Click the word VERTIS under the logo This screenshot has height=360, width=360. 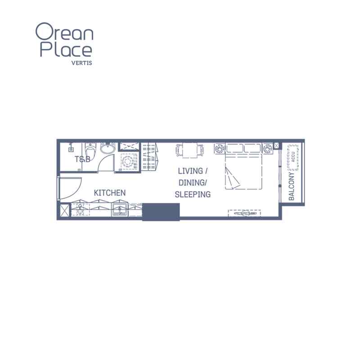point(82,63)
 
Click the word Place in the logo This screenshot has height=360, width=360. point(66,49)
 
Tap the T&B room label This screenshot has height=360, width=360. point(82,159)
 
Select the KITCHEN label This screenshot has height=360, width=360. point(110,193)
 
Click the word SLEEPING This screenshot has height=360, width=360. point(193,194)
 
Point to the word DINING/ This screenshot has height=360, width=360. point(193,183)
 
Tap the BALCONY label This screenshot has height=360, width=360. point(291,186)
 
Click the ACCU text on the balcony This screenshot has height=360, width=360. point(293,157)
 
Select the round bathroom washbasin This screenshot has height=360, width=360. point(108,148)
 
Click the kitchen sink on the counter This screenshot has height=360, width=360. point(119,209)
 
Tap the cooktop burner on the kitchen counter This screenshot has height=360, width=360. point(80,209)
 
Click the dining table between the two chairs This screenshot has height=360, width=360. point(189,150)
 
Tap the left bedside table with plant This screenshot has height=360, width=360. point(220,148)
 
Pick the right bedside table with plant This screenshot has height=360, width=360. point(268,148)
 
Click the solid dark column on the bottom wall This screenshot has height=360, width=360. point(161,212)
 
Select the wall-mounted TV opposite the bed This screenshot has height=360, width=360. point(244,213)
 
